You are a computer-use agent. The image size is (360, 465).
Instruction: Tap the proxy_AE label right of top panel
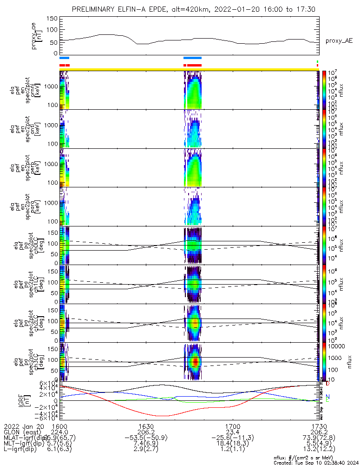[x=339, y=41]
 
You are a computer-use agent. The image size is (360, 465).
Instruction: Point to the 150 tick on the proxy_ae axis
[x=52, y=19]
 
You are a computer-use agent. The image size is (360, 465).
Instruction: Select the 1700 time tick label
[x=232, y=426]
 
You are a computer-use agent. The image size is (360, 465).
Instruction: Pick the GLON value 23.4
[x=232, y=432]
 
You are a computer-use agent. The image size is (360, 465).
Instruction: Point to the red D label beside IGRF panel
[x=327, y=384]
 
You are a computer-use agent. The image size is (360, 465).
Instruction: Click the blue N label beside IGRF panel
[x=327, y=397]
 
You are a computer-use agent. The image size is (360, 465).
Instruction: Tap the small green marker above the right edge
[x=317, y=61]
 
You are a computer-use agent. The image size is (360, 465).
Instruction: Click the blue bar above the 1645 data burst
[x=192, y=58]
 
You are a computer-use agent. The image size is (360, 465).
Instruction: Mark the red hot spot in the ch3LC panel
[x=196, y=361]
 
